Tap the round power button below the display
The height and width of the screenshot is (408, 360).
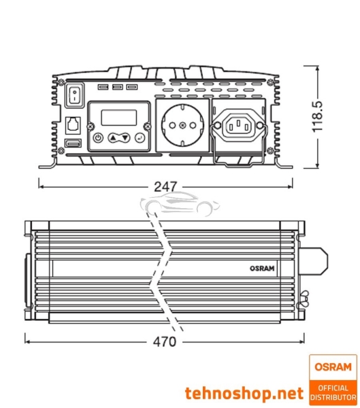pyautogui.click(x=99, y=138)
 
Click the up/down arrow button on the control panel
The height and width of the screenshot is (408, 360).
pyautogui.click(x=119, y=138)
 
